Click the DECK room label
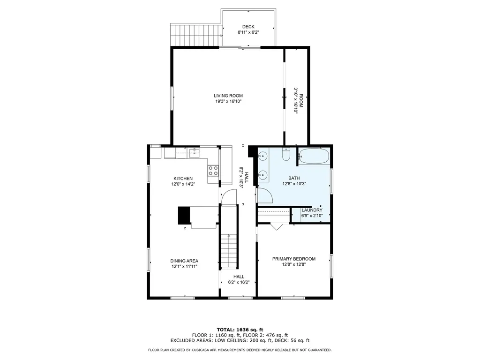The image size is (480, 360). click(248, 27)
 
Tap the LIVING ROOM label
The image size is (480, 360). click(228, 96)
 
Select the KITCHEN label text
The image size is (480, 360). click(183, 179)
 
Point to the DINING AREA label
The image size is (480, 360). click(184, 261)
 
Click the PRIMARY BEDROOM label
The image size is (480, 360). click(294, 259)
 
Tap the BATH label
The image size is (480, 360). click(294, 178)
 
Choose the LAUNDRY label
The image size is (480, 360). click(312, 210)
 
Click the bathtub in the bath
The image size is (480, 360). click(314, 157)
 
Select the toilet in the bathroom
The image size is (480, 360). click(286, 154)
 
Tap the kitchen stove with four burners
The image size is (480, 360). click(213, 171)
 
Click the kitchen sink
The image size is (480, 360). click(195, 152)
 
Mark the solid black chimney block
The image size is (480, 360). click(184, 216)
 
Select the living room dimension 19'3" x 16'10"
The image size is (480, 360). click(228, 101)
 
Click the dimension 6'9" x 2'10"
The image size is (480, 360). click(312, 216)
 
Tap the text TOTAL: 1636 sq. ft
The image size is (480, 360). click(240, 330)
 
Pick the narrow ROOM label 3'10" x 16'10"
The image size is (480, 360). click(298, 100)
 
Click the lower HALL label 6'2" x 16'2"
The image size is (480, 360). click(239, 279)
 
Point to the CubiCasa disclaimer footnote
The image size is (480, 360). click(240, 350)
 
